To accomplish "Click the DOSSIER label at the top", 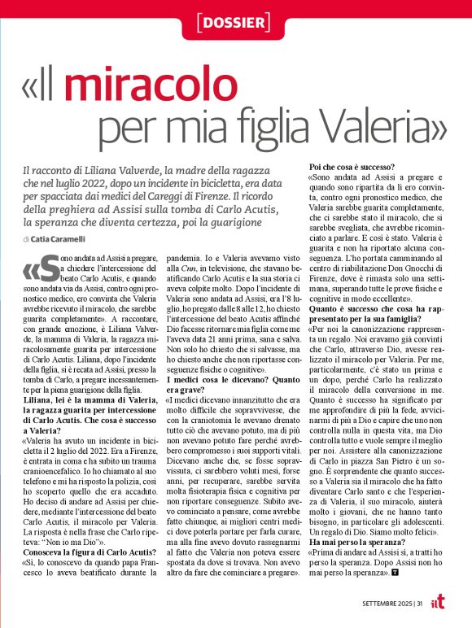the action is [236, 22].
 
